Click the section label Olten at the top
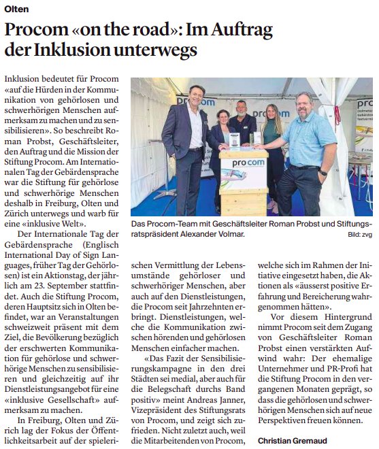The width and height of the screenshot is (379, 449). (x=16, y=8)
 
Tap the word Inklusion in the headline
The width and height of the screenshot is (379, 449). (x=73, y=50)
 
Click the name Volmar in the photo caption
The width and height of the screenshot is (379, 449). (x=226, y=234)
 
